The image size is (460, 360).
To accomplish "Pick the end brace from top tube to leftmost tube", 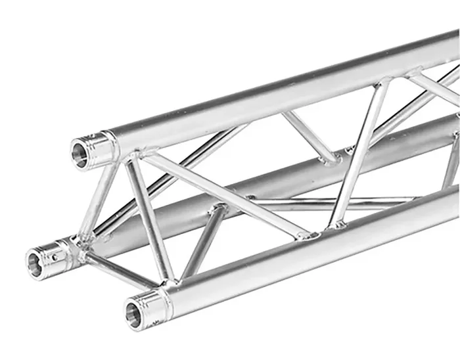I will click(x=105, y=197).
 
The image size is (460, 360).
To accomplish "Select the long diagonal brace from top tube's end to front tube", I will click(x=223, y=194).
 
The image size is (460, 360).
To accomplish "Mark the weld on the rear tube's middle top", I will click(x=332, y=158).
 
